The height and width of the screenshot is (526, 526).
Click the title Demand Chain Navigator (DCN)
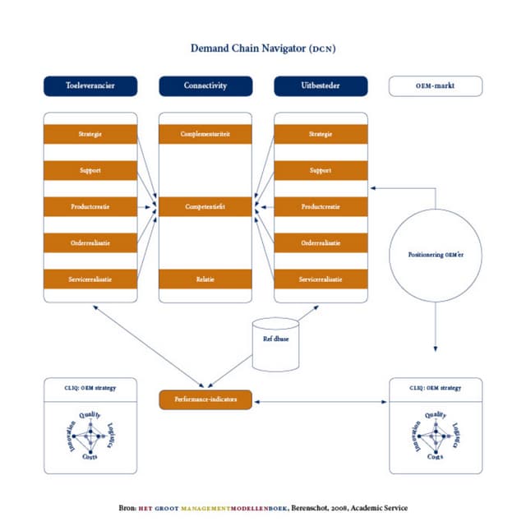coord(263,48)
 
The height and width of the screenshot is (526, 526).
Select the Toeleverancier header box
coord(90,85)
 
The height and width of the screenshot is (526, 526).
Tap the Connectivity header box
coord(205,85)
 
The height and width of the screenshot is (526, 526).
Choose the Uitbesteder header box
coord(321,85)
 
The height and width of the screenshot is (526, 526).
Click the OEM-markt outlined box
coord(436,85)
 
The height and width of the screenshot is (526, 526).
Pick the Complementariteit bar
coord(205,134)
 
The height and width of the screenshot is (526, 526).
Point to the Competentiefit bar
coord(205,206)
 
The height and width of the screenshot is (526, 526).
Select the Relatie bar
coord(205,279)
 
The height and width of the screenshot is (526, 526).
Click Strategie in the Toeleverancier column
coord(90,134)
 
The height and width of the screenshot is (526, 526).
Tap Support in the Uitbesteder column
coord(321,170)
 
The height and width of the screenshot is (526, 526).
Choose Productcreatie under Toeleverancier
coord(90,206)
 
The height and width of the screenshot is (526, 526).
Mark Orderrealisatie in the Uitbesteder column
coord(321,242)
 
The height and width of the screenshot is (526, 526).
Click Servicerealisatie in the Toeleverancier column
coord(90,279)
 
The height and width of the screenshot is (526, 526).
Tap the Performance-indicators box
coord(205,399)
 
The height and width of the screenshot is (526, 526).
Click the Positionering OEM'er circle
coord(436,254)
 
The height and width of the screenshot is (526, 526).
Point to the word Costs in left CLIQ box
coord(90,457)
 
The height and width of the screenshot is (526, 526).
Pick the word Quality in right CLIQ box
coord(436,415)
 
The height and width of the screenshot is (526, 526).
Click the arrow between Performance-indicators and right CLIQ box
coord(320,401)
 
